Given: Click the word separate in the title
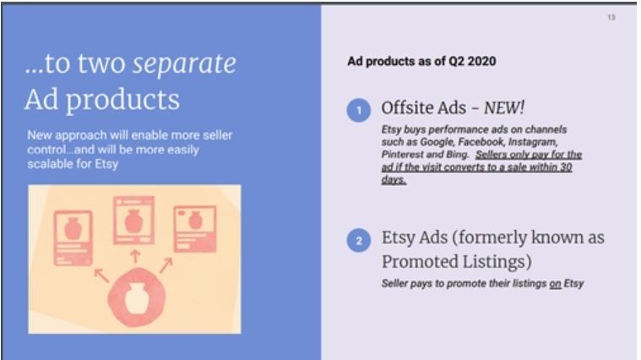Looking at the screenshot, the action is click(184, 64).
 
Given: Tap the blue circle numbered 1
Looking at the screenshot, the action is click(359, 110).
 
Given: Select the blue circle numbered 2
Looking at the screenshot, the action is click(359, 240).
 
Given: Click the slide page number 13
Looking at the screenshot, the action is click(611, 17).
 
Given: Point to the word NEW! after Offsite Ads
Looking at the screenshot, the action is click(503, 108).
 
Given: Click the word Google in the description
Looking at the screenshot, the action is click(437, 142).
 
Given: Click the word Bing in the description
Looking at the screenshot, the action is click(458, 155).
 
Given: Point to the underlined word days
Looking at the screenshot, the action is click(394, 180).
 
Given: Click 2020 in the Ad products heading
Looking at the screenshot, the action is click(481, 62).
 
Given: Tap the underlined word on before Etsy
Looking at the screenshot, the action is click(555, 284).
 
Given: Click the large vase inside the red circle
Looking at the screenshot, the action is click(137, 298).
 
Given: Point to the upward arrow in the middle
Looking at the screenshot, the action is click(135, 257).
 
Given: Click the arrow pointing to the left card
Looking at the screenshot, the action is click(102, 275).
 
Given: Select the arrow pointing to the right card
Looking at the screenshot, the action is click(166, 265).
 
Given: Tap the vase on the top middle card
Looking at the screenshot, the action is click(133, 221).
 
